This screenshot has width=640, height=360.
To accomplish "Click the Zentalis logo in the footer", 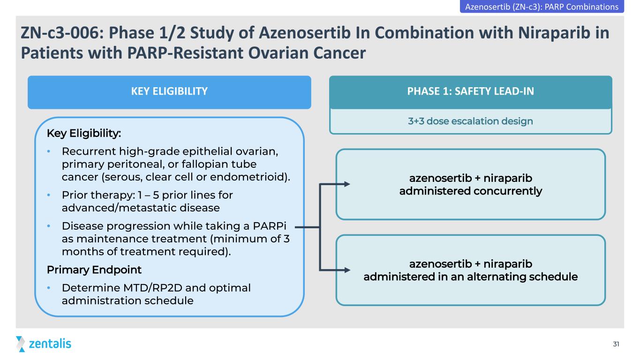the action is (44, 344).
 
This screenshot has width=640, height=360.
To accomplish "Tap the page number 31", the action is (616, 344).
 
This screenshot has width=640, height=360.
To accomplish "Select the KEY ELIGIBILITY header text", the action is (169, 91).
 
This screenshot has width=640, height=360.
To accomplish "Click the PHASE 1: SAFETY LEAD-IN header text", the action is (470, 91).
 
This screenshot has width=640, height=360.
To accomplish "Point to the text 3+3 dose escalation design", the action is (470, 121).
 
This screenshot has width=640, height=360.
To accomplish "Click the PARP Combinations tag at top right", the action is (542, 7).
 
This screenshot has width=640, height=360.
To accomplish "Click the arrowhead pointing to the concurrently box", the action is (347, 184).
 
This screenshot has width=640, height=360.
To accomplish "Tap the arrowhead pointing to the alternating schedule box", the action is (347, 270).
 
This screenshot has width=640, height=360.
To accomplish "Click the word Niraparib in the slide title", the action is (554, 32).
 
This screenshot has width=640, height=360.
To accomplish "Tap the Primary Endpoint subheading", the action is (94, 270).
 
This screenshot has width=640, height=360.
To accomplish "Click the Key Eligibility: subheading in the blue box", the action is (84, 133).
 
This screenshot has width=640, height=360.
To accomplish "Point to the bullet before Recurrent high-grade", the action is (49, 151).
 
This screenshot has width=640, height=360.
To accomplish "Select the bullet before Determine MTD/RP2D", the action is (49, 288).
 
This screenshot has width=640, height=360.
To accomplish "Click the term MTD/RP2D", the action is (152, 288).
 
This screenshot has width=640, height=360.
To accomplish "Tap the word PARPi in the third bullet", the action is (270, 226).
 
